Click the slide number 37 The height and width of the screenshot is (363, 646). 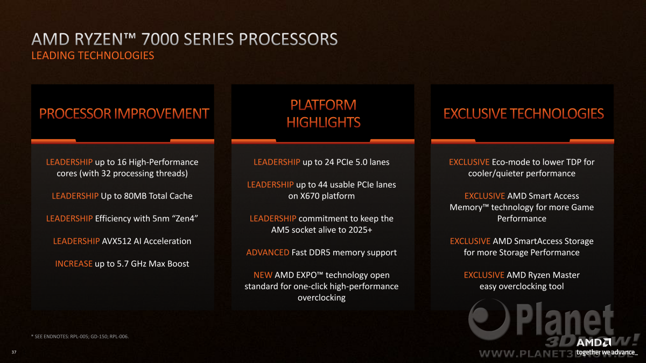(x=14, y=352)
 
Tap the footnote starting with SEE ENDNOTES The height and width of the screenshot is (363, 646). (x=80, y=336)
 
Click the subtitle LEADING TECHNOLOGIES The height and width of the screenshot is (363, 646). (x=93, y=55)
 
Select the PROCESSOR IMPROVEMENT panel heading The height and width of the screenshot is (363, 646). (x=124, y=113)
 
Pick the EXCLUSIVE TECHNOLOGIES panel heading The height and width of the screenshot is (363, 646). (x=523, y=113)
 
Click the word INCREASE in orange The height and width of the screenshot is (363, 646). (x=74, y=264)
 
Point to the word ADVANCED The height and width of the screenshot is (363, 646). (x=268, y=252)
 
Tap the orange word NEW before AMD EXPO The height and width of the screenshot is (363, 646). (x=263, y=275)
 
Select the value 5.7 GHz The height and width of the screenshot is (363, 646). (x=132, y=264)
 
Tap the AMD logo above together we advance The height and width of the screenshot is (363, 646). (x=593, y=343)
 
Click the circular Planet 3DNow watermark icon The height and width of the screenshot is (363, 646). (x=489, y=319)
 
